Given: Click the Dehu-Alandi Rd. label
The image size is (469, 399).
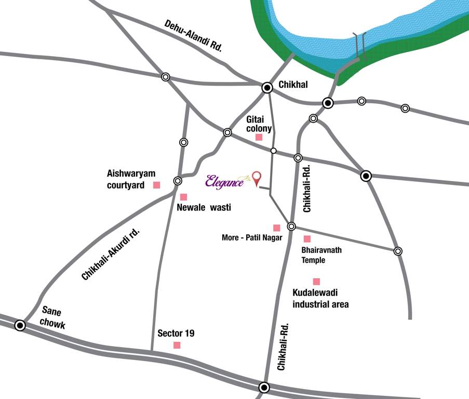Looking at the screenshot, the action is click(193, 35).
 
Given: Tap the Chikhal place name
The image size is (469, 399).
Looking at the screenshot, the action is click(293, 84).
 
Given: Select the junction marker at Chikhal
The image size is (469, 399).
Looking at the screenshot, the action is click(267, 88).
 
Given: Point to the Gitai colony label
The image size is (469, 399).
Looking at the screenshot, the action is click(259, 124).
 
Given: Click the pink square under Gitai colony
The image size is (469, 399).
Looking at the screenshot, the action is click(259, 138).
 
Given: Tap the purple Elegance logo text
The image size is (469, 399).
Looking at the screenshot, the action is click(224, 181).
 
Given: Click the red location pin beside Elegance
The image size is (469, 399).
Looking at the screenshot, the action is click(256, 178).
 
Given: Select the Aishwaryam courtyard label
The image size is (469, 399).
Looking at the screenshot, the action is click(131, 179).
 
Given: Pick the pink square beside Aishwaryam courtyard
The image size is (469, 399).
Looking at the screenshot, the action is click(156, 185).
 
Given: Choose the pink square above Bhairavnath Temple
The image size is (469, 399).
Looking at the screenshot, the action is click(307, 239).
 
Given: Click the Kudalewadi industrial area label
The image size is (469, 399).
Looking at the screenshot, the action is click(320, 299).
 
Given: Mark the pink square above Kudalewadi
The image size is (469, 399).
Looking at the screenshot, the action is click(316, 282).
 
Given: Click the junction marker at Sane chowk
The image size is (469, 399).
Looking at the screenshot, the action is click(20, 326).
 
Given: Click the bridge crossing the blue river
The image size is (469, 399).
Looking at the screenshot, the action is click(359, 47).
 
